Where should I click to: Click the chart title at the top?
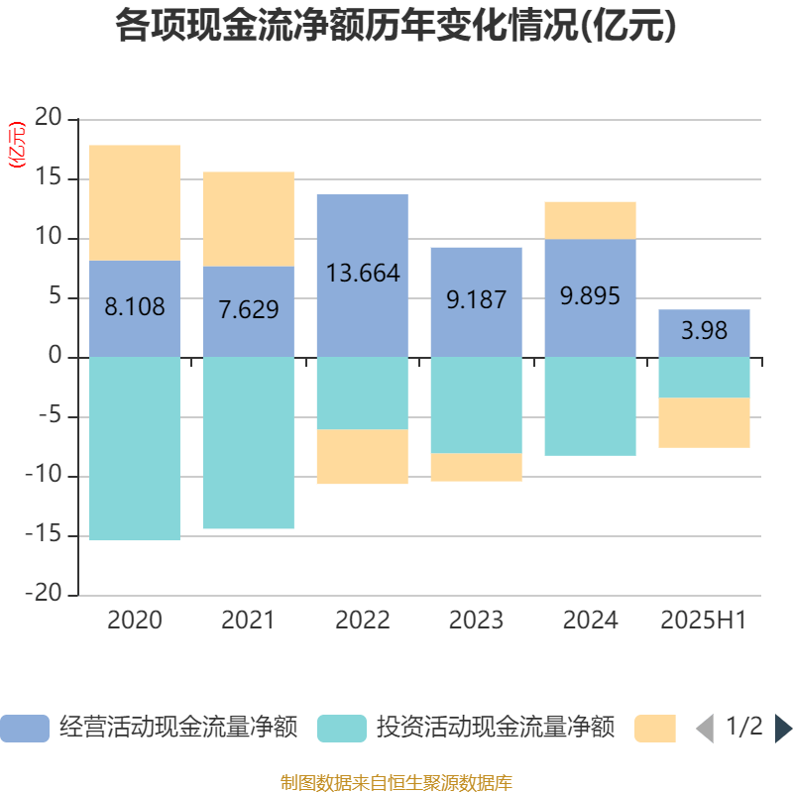click(x=396, y=27)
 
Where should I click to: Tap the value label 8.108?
click(x=135, y=306)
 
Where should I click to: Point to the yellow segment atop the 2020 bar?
click(x=135, y=202)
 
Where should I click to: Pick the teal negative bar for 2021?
click(x=249, y=442)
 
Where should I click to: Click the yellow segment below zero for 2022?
click(x=363, y=457)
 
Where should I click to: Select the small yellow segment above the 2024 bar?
click(x=590, y=220)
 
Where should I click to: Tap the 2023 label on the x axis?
click(x=476, y=621)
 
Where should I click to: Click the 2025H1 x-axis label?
click(x=703, y=621)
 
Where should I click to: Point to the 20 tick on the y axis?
click(x=49, y=120)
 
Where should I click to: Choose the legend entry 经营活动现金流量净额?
click(x=149, y=729)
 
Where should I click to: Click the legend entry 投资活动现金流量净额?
click(x=466, y=729)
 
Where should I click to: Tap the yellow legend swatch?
click(x=654, y=729)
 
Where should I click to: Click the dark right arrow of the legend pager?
click(x=783, y=729)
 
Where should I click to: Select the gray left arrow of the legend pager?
click(x=705, y=729)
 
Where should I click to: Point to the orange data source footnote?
click(x=396, y=782)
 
